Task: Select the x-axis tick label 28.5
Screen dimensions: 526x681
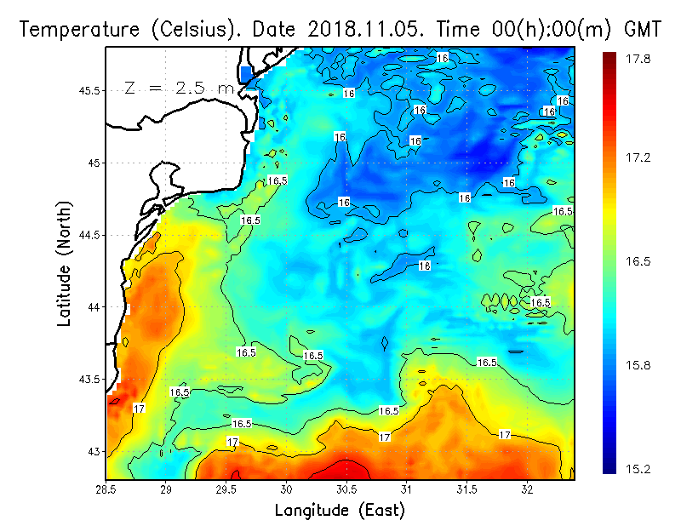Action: pyautogui.click(x=106, y=490)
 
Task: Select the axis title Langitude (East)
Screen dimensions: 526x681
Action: pyautogui.click(x=340, y=511)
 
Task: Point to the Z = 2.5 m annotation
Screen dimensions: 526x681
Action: pyautogui.click(x=179, y=88)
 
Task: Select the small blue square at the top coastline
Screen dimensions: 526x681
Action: pyautogui.click(x=247, y=73)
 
